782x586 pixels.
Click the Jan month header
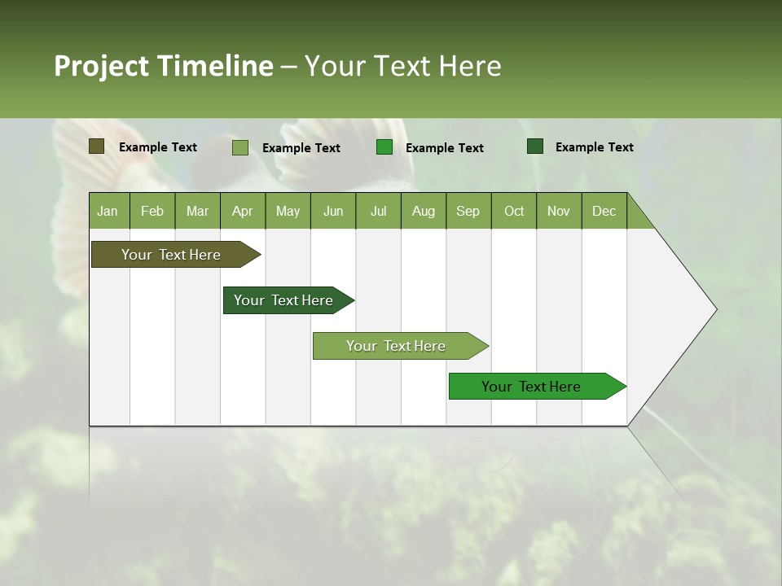[x=108, y=211]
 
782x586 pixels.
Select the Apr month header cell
[x=242, y=211]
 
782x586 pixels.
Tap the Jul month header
[x=378, y=211]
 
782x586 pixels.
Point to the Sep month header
[x=468, y=211]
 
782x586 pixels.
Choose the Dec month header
[x=604, y=211]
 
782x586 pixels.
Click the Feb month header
[x=152, y=211]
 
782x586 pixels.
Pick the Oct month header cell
[x=514, y=211]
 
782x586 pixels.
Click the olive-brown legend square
[x=97, y=146]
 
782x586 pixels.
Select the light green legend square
[x=239, y=147]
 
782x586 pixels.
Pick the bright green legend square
[x=384, y=147]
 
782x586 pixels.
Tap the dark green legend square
[x=535, y=146]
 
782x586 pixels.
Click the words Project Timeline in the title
[x=163, y=66]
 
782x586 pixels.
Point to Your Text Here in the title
[x=402, y=66]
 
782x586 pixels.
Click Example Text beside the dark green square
[x=594, y=146]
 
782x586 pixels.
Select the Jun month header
[x=333, y=211]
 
